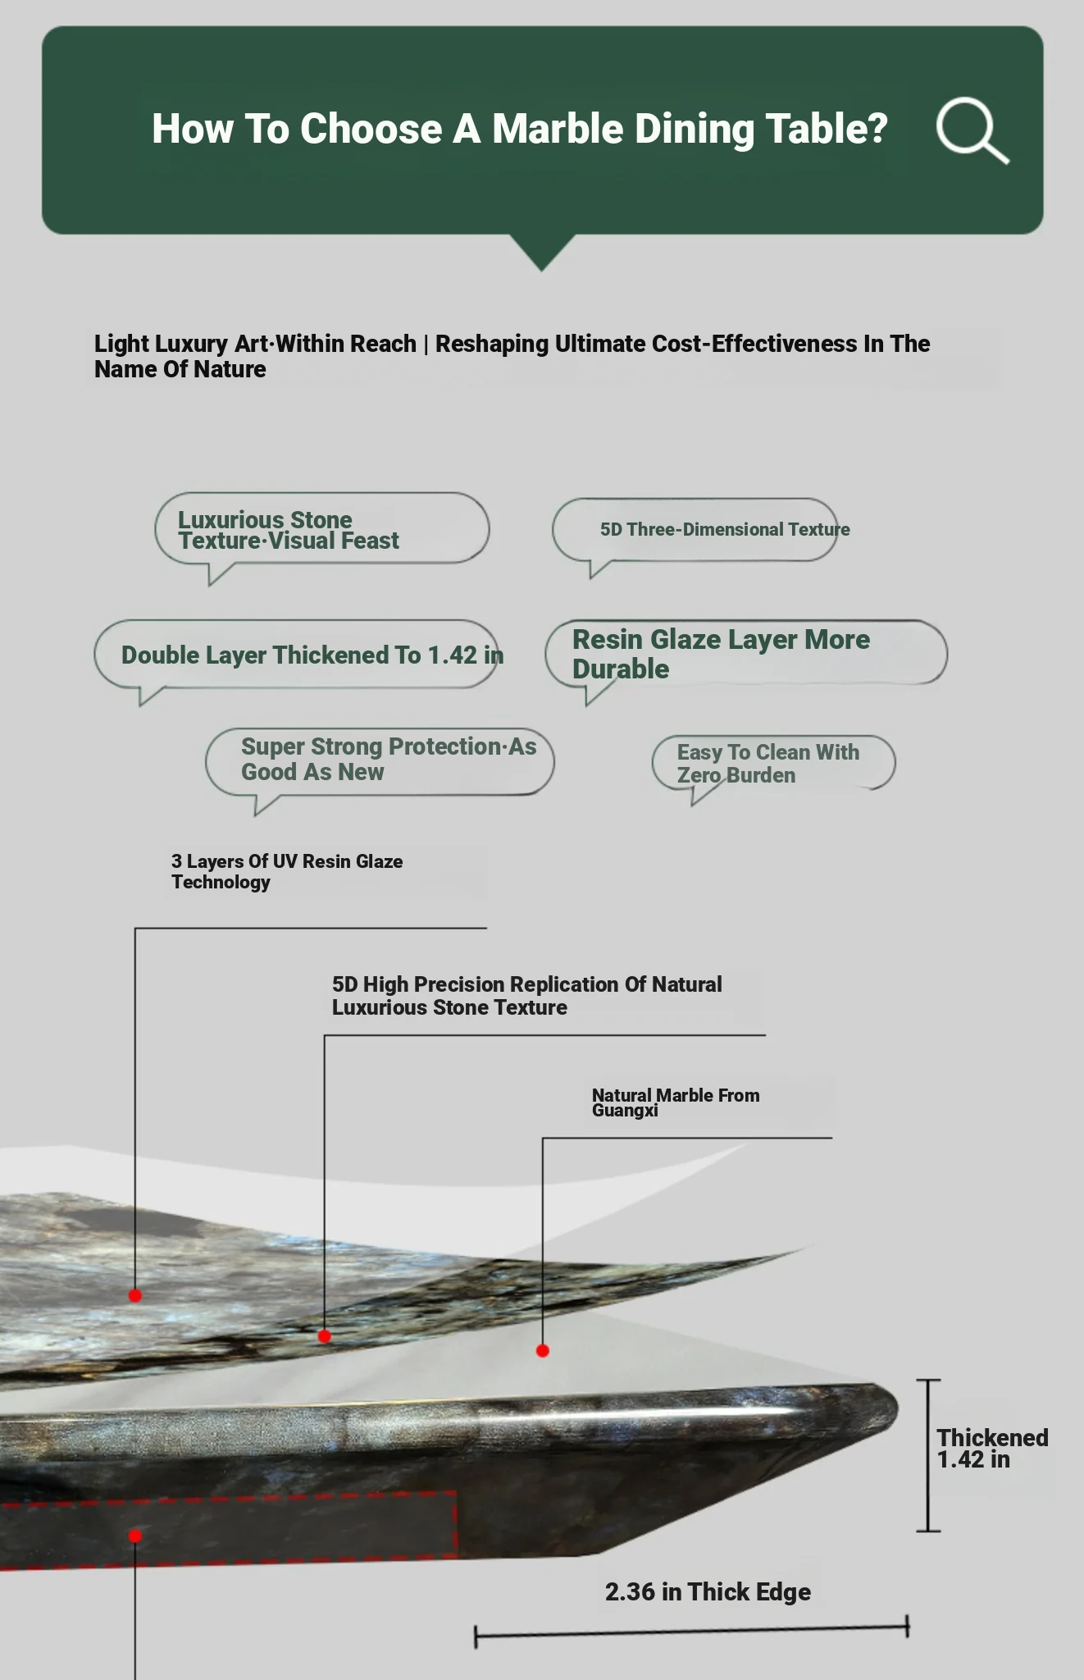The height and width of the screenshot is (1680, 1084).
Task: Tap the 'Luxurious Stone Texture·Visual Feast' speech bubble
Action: coord(321,529)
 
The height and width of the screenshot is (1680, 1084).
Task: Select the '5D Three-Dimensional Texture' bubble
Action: coord(695,530)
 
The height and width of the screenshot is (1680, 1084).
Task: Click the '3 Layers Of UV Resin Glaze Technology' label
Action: coord(287,871)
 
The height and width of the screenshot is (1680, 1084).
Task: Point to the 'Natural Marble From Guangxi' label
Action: coord(676,1102)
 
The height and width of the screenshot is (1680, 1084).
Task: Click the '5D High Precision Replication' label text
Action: coord(526,995)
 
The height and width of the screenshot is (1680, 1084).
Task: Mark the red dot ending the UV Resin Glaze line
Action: coord(135,1295)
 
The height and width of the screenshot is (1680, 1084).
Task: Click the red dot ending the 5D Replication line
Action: coord(325,1336)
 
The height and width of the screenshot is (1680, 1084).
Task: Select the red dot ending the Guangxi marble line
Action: coord(543,1350)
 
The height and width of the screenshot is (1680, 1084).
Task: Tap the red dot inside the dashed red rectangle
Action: coord(135,1536)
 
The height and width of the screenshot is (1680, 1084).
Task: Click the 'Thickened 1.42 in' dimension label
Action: coord(992,1448)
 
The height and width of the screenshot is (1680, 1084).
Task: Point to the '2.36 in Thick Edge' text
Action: coord(708,1591)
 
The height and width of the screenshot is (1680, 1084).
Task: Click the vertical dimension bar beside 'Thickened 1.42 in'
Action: coord(928,1455)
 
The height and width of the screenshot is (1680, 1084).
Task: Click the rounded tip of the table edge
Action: coord(887,1408)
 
